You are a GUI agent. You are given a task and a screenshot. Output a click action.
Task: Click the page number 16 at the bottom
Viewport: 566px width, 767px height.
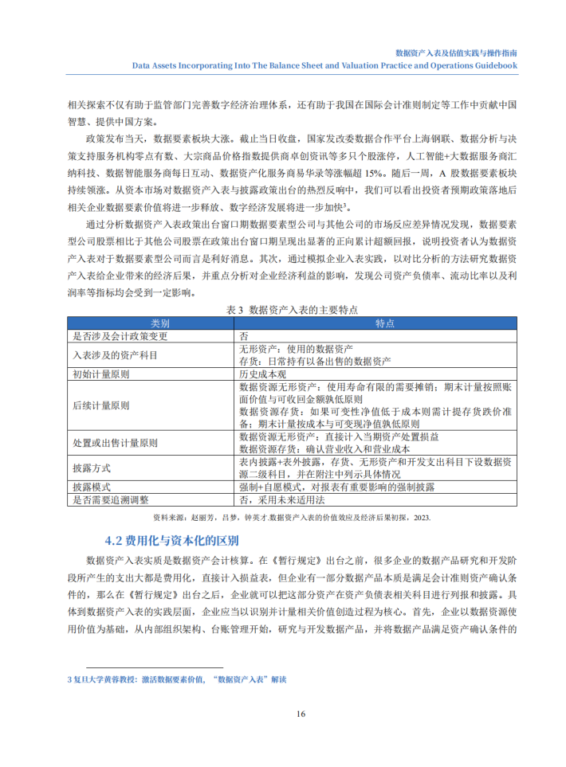coord(301,713)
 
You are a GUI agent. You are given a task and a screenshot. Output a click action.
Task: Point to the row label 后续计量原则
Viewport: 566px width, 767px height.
coord(100,405)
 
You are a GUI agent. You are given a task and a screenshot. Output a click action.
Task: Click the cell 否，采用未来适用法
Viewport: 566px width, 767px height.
coord(282,499)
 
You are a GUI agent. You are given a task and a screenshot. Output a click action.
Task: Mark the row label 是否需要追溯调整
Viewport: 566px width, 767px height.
coord(112,499)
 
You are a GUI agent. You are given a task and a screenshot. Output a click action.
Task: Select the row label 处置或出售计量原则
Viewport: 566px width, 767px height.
coord(115,443)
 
